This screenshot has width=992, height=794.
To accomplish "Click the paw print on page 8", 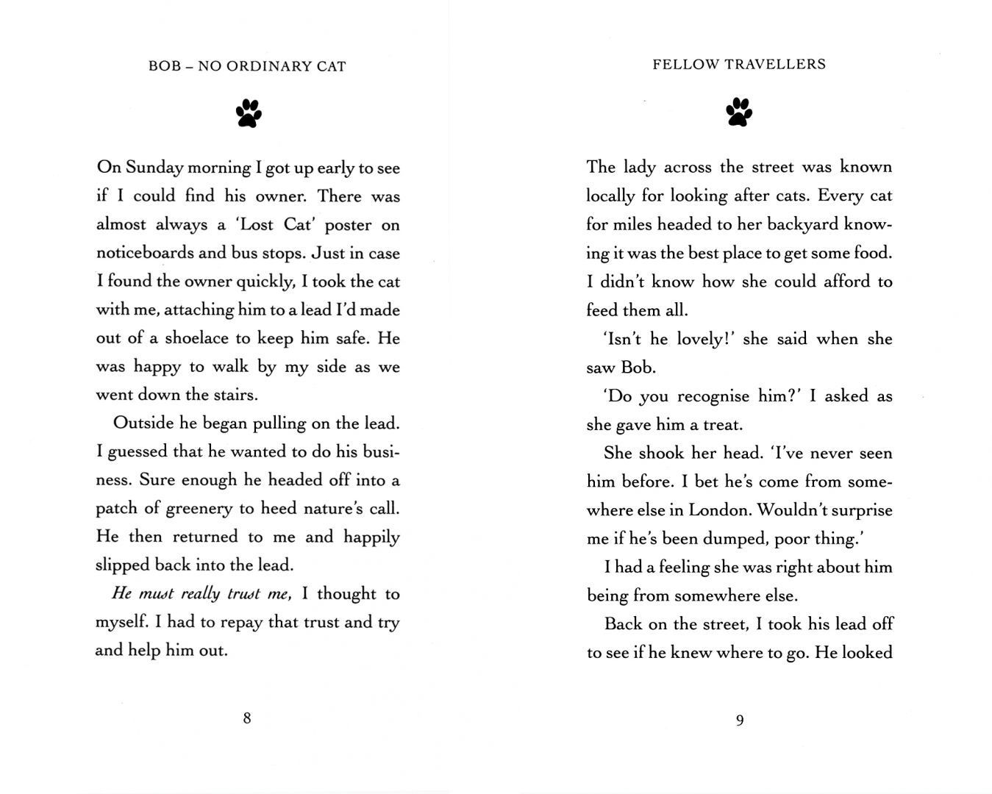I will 249,114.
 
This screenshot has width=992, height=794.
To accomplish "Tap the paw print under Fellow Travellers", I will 739,112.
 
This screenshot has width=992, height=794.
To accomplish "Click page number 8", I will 247,718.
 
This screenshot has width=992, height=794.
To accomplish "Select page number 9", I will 740,720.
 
